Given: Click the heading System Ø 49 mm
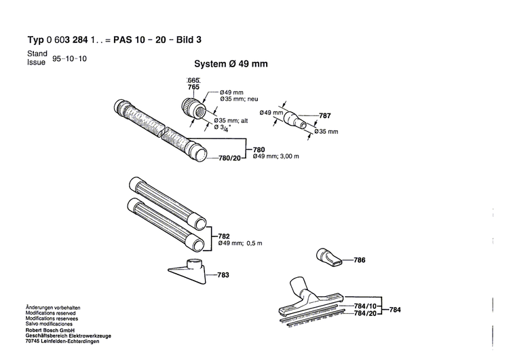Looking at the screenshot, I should click(x=231, y=65).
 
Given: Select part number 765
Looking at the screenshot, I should click(x=193, y=88).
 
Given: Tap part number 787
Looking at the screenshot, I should click(x=324, y=116).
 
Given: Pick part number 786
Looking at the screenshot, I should click(x=360, y=259).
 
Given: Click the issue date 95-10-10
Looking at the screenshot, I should click(x=69, y=59).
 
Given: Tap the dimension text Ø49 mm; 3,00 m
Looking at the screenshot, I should click(x=275, y=157).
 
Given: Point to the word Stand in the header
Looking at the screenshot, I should click(x=37, y=53).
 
